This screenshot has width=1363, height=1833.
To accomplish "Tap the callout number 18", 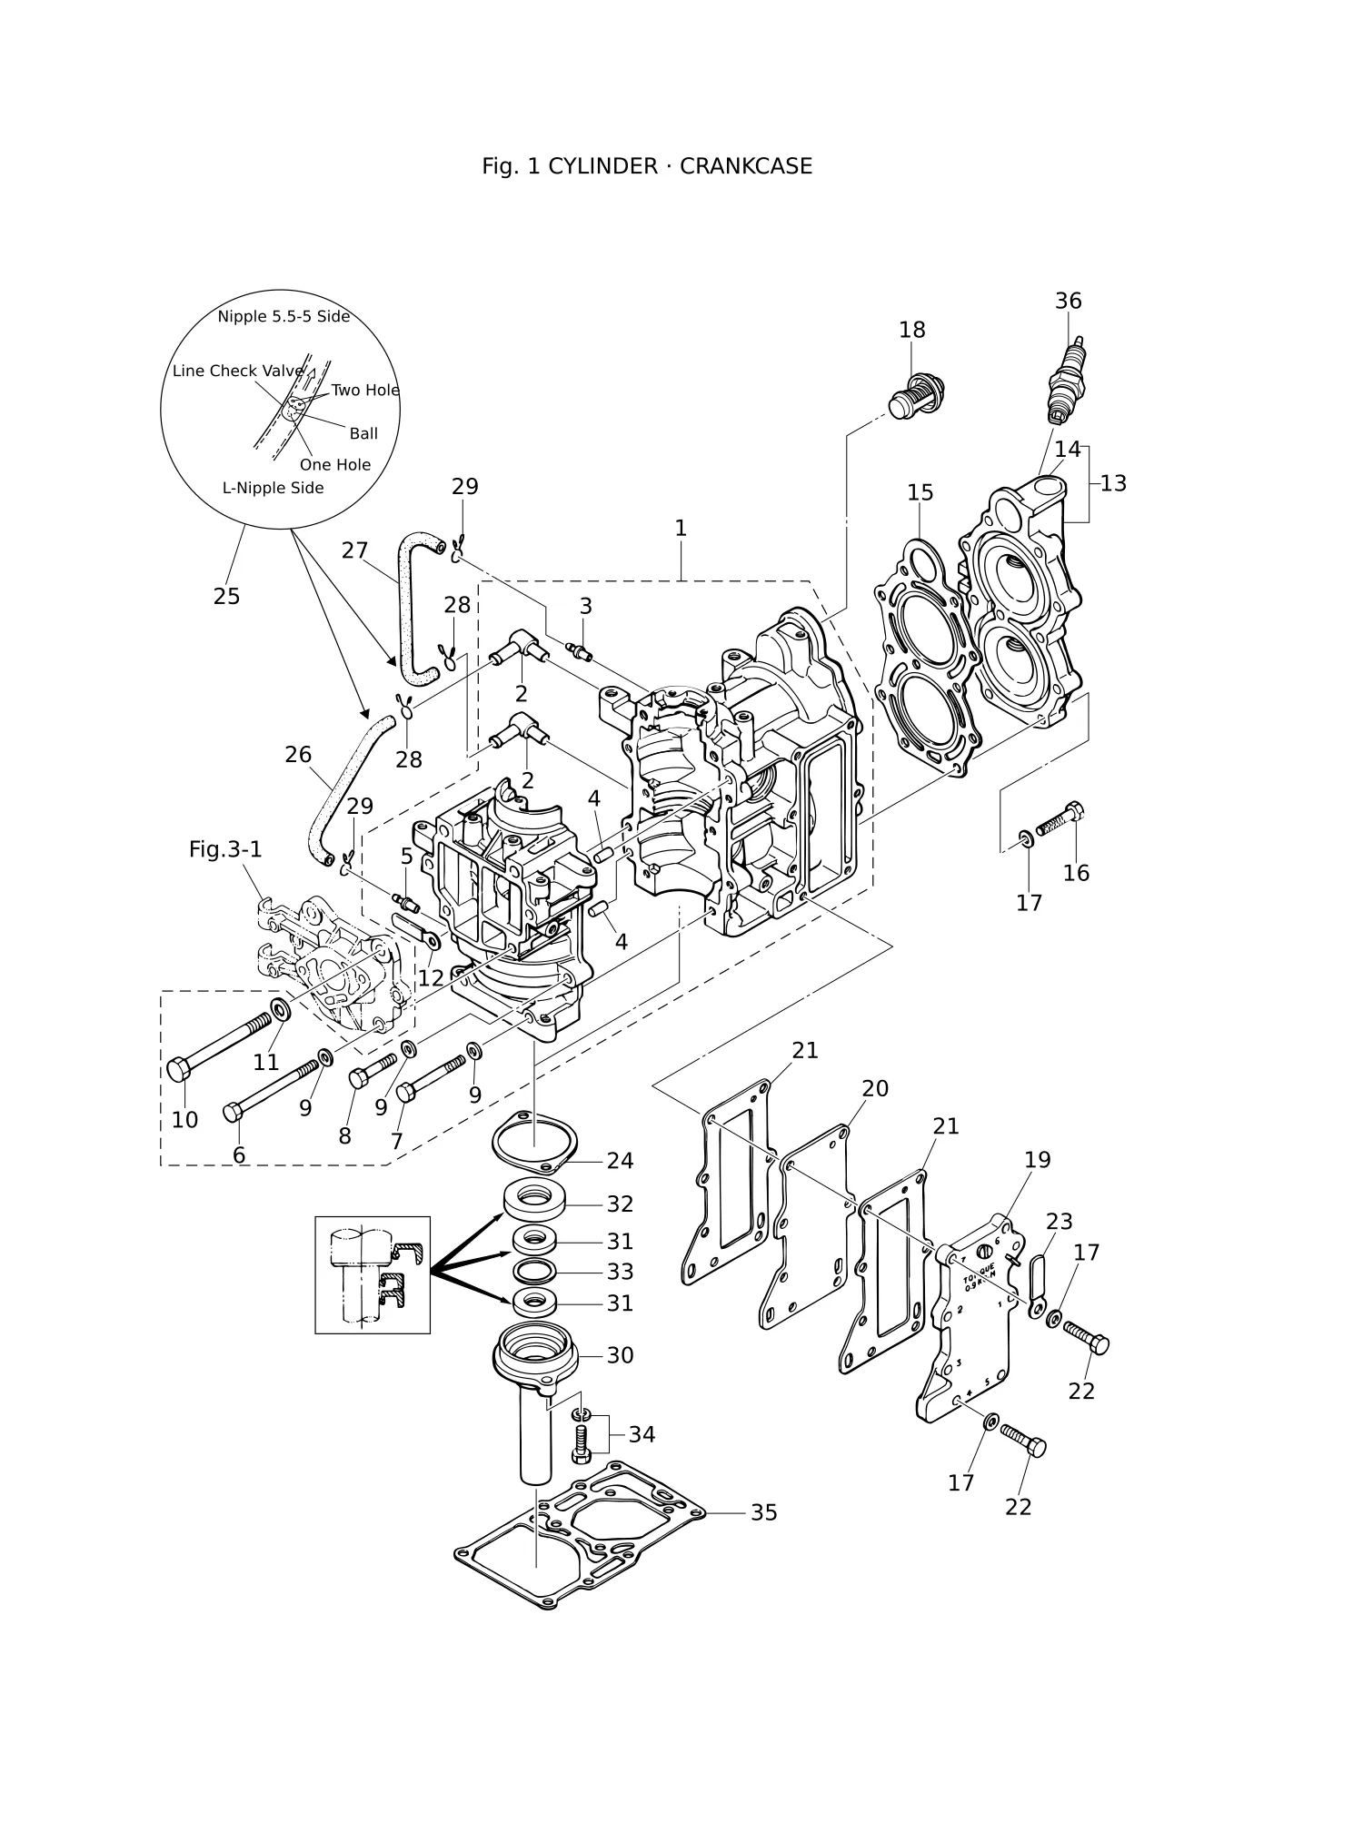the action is (x=911, y=330).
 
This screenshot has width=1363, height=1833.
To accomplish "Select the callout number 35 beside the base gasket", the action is (x=763, y=1512).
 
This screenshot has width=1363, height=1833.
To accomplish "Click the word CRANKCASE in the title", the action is (x=746, y=166).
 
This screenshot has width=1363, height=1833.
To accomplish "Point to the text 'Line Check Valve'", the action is (x=238, y=371).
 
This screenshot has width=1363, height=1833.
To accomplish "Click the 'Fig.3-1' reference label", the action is (x=225, y=849).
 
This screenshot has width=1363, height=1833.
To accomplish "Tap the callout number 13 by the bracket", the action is (x=1113, y=483).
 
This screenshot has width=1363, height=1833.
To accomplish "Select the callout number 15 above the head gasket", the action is (x=920, y=492).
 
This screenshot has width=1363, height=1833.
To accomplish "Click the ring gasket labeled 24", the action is (x=535, y=1146).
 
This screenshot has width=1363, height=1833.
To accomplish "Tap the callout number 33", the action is (x=620, y=1272).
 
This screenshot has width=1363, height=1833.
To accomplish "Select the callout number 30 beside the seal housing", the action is (x=620, y=1355).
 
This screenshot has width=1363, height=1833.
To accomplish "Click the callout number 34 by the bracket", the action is (x=642, y=1434).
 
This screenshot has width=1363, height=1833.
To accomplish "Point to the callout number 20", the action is (x=874, y=1088).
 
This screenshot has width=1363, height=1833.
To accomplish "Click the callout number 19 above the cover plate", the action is (x=1037, y=1160).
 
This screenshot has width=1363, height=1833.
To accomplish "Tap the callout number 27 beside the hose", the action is (x=354, y=550).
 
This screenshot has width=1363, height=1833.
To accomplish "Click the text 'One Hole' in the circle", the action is (x=335, y=465).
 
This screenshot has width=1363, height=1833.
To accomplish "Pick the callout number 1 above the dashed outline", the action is (x=681, y=529).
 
